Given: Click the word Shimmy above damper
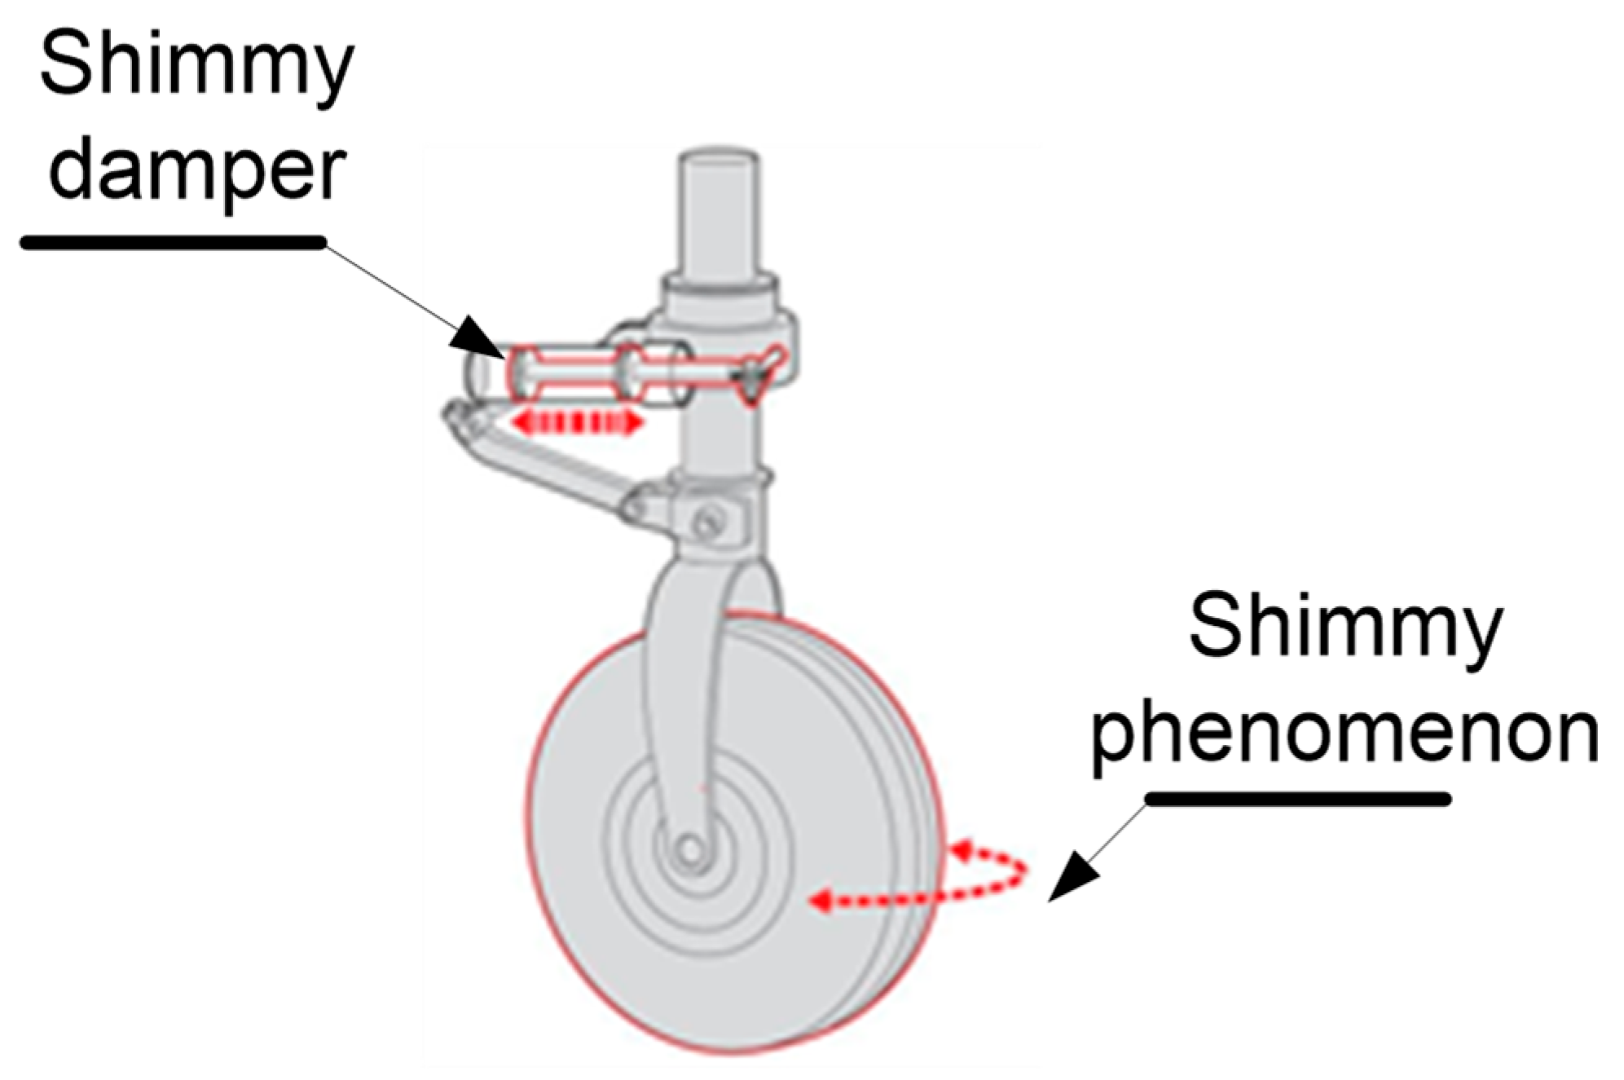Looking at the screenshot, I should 196,65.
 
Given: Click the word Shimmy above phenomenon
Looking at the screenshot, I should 1345,628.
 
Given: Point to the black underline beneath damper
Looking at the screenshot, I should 173,242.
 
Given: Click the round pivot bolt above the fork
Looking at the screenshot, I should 707,518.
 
